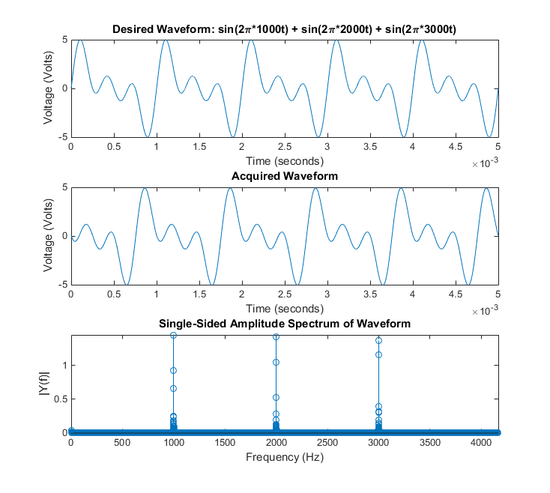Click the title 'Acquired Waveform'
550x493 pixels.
284,176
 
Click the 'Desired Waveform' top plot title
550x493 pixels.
284,28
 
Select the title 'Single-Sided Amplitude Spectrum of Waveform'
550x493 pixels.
284,324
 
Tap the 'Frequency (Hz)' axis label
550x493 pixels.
284,456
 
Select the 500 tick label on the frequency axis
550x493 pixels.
122,443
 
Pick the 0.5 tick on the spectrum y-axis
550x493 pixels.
59,399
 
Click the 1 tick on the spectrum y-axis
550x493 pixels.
63,366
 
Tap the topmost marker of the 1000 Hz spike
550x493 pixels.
173,335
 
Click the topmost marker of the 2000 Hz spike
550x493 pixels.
276,336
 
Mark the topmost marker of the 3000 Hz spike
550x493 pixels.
378,340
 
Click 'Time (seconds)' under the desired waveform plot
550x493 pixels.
284,160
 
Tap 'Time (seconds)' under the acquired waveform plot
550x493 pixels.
284,308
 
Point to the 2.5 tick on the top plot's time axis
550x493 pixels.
284,148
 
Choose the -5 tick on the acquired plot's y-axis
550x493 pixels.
63,285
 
